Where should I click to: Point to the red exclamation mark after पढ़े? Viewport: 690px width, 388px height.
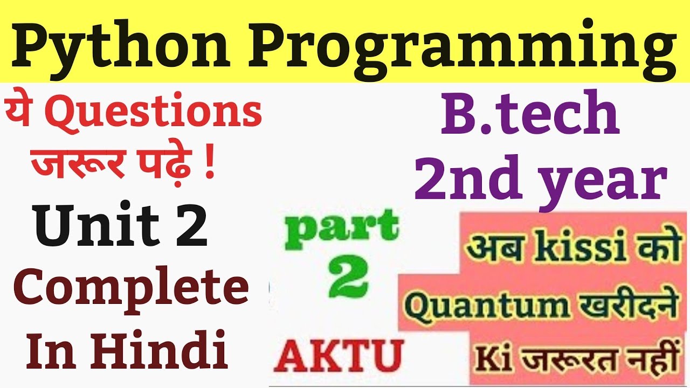[209, 165]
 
